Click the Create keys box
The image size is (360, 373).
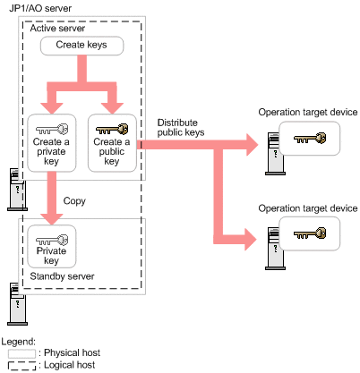tap(81, 46)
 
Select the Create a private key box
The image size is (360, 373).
tap(52, 143)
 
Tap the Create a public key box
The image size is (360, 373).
tap(112, 143)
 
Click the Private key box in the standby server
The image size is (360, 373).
tap(52, 246)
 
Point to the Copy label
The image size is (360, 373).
tap(74, 201)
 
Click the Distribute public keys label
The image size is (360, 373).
tap(181, 127)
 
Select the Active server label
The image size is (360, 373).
tap(57, 29)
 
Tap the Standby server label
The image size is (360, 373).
tap(62, 276)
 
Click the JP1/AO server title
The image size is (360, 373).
tap(40, 8)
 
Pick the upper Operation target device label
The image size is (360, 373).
tap(308, 112)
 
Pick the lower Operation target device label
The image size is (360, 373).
tap(308, 208)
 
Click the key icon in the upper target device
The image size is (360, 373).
tap(310, 138)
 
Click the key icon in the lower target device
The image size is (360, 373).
tap(310, 233)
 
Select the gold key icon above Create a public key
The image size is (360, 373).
tap(112, 130)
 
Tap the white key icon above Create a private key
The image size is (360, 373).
tap(52, 130)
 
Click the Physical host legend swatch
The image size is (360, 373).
tap(21, 353)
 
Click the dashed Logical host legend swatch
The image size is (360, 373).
tap(21, 366)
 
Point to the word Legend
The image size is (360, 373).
tap(18, 342)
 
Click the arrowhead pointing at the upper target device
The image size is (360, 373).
tap(252, 145)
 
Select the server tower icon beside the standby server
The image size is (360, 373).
tap(17, 304)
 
